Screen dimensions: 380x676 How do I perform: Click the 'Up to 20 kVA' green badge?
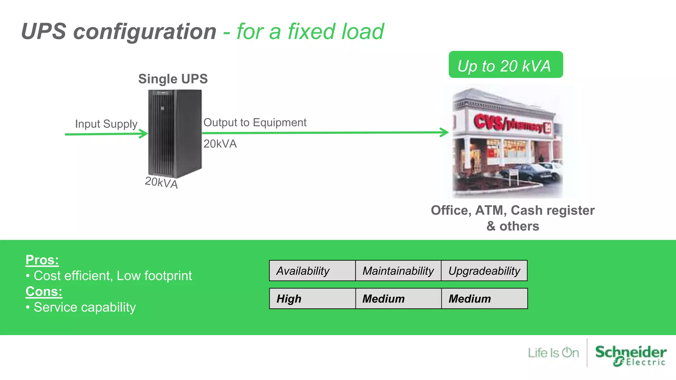(x=505, y=65)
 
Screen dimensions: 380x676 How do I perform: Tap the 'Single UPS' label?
(x=173, y=79)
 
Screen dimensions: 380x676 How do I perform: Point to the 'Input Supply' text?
(x=106, y=124)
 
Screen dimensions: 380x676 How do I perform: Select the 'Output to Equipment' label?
(x=254, y=122)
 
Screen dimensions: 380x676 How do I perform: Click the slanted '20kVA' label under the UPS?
(x=161, y=182)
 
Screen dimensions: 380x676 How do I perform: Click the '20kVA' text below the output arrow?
(x=220, y=144)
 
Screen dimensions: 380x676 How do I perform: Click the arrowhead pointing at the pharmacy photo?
(x=445, y=132)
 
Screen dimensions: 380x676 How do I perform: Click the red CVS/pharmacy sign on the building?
(x=512, y=123)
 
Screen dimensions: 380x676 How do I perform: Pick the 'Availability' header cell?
(x=312, y=271)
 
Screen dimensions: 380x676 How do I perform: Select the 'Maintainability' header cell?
(x=398, y=271)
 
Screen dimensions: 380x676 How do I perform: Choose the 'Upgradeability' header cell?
(x=484, y=271)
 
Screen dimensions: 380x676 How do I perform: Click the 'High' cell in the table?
(x=312, y=299)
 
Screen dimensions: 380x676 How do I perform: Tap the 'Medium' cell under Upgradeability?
(x=484, y=299)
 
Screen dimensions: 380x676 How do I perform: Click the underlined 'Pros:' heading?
(x=42, y=260)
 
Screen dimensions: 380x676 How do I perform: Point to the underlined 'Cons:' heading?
(x=44, y=292)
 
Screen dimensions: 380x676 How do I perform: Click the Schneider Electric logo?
(x=630, y=355)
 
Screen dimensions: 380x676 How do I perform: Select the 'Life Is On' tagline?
(x=553, y=353)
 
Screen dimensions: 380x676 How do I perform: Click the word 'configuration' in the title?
(x=145, y=32)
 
